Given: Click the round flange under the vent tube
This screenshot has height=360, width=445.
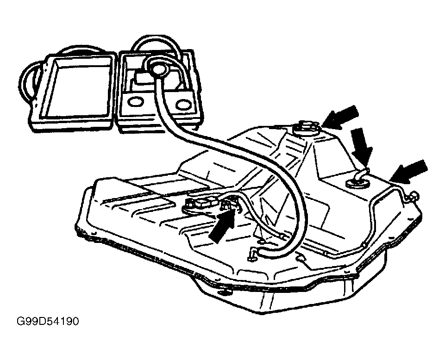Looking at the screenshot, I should (x=357, y=184).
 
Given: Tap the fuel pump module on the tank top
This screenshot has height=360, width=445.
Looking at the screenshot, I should (x=204, y=204).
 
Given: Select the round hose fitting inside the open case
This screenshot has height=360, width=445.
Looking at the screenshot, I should (x=158, y=69).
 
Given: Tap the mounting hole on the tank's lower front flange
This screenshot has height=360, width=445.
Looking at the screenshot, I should (x=227, y=291).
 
